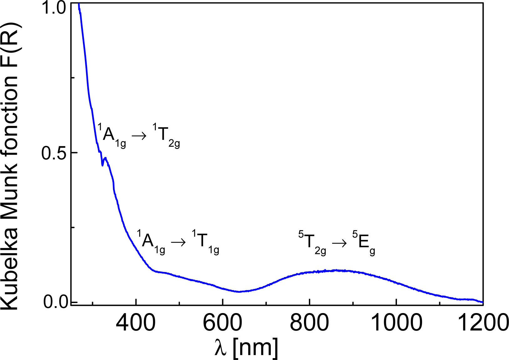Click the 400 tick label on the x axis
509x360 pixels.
(136, 322)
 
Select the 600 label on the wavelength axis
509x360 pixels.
(223, 322)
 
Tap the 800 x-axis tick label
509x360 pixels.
(309, 322)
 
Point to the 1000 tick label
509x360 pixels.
(396, 322)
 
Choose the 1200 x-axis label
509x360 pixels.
(483, 322)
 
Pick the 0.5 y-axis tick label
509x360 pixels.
(54, 153)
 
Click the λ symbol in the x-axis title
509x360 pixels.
(221, 348)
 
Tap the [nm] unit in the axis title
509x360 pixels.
(255, 348)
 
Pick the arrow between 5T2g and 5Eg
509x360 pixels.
(339, 243)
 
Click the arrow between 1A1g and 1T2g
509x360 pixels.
(139, 136)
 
